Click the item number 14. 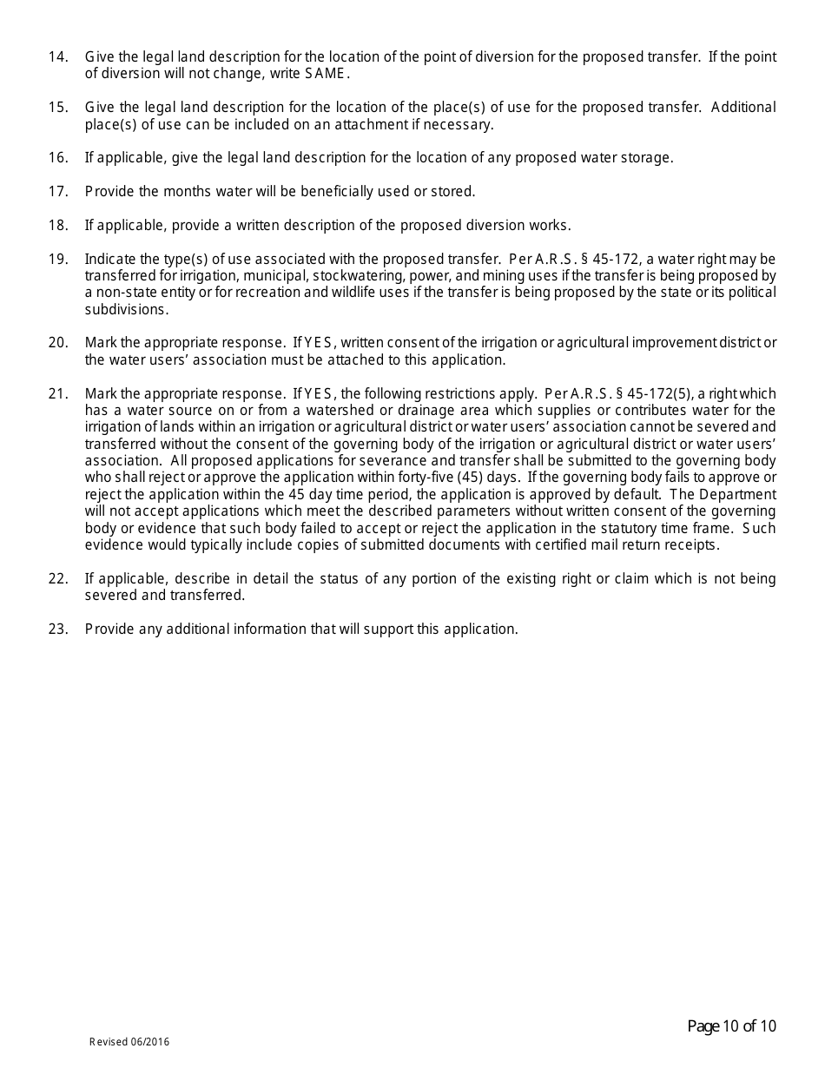click(57, 57)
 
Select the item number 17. click(57, 191)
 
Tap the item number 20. click(57, 343)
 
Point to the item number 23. click(57, 630)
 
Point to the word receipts click(688, 545)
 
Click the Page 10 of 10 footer click(731, 1027)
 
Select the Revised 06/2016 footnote click(129, 1042)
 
